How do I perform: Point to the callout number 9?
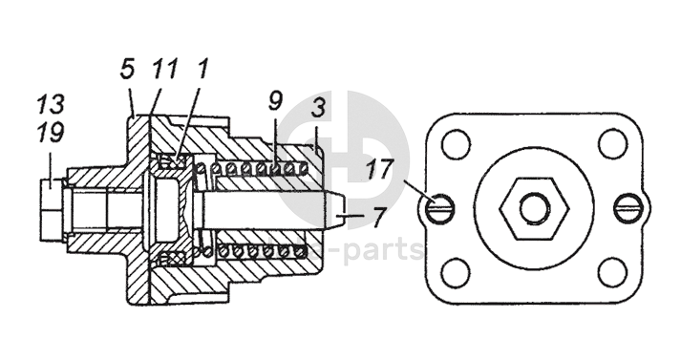(x=275, y=100)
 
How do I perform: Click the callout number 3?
(x=318, y=107)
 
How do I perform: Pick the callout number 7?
(x=379, y=217)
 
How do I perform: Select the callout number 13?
(x=51, y=103)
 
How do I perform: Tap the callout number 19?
(x=51, y=132)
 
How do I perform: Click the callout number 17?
(x=379, y=168)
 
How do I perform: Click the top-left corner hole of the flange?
(x=456, y=143)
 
